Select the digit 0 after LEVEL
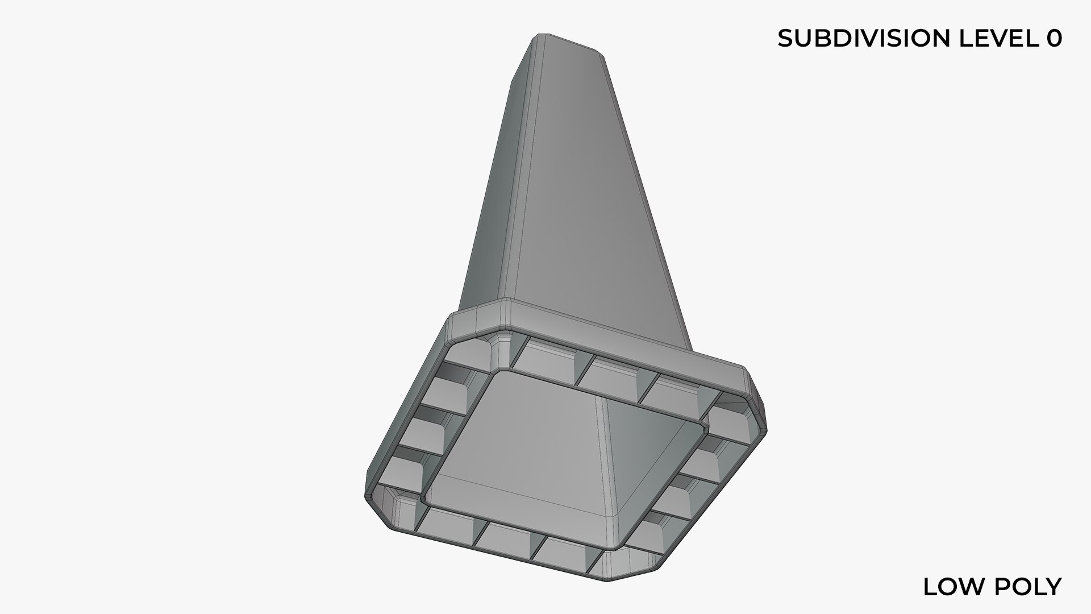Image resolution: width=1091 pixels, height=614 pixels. click(x=1053, y=38)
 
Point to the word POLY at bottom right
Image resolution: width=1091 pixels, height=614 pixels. click(x=1029, y=587)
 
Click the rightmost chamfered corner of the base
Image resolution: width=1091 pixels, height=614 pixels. click(x=758, y=409)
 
